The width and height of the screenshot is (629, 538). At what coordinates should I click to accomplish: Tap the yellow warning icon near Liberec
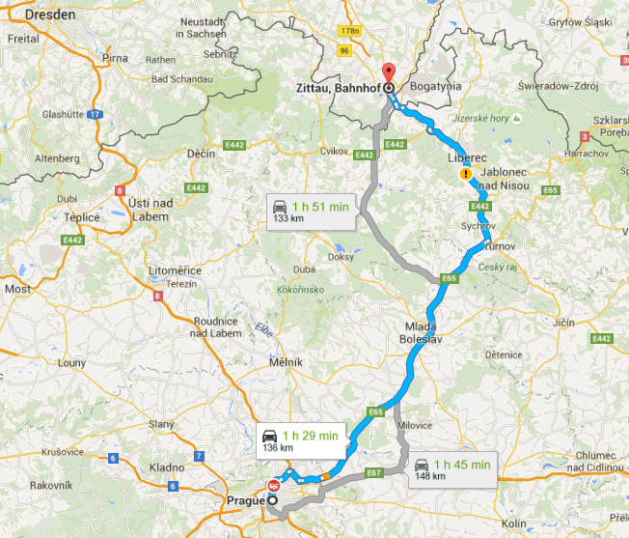(466, 175)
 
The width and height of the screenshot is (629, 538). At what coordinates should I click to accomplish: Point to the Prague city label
(245, 500)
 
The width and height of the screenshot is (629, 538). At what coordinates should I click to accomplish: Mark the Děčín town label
(201, 154)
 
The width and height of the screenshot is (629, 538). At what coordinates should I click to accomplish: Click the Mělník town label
(286, 361)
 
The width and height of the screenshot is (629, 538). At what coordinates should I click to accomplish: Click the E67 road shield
(375, 472)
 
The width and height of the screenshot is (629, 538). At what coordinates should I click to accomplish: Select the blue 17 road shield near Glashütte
(94, 115)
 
